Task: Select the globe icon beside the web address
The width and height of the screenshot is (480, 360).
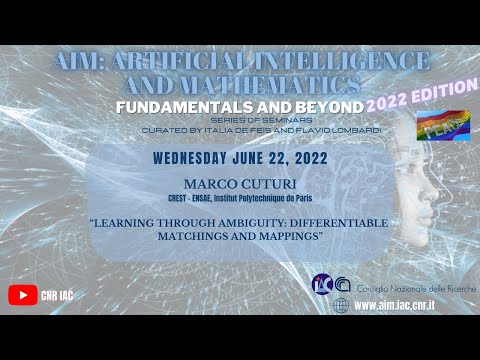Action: pos(342,305)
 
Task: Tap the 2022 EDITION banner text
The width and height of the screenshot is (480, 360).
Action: pos(424,102)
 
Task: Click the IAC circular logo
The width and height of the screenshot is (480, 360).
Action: pos(323,285)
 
